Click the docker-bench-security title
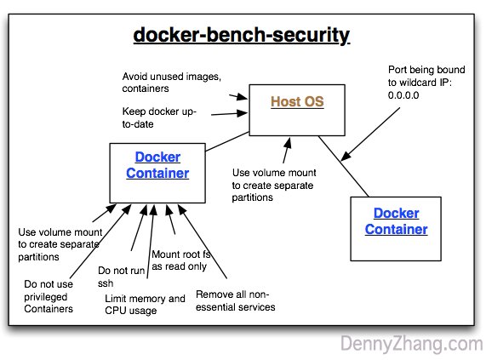point(242,35)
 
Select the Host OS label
point(297,101)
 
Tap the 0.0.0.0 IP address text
point(403,95)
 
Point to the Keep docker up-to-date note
point(159,117)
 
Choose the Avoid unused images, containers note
point(171,83)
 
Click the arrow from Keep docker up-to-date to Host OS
point(229,114)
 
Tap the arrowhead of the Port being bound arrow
point(345,156)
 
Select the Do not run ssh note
point(121,277)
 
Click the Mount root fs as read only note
point(181,260)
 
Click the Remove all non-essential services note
point(235,300)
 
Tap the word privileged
point(46,297)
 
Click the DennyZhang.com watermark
point(412,344)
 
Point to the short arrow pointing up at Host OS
point(288,151)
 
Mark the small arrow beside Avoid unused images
point(238,97)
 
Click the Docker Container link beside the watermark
point(396,221)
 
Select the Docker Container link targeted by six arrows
point(157,165)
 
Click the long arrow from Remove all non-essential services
point(203,242)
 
